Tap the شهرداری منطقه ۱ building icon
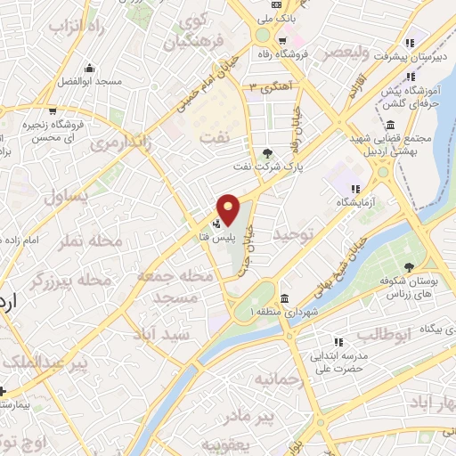pos(283,298)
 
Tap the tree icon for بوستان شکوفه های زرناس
pos(409,265)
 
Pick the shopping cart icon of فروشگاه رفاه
pos(281,40)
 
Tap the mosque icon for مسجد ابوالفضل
pos(88,68)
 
